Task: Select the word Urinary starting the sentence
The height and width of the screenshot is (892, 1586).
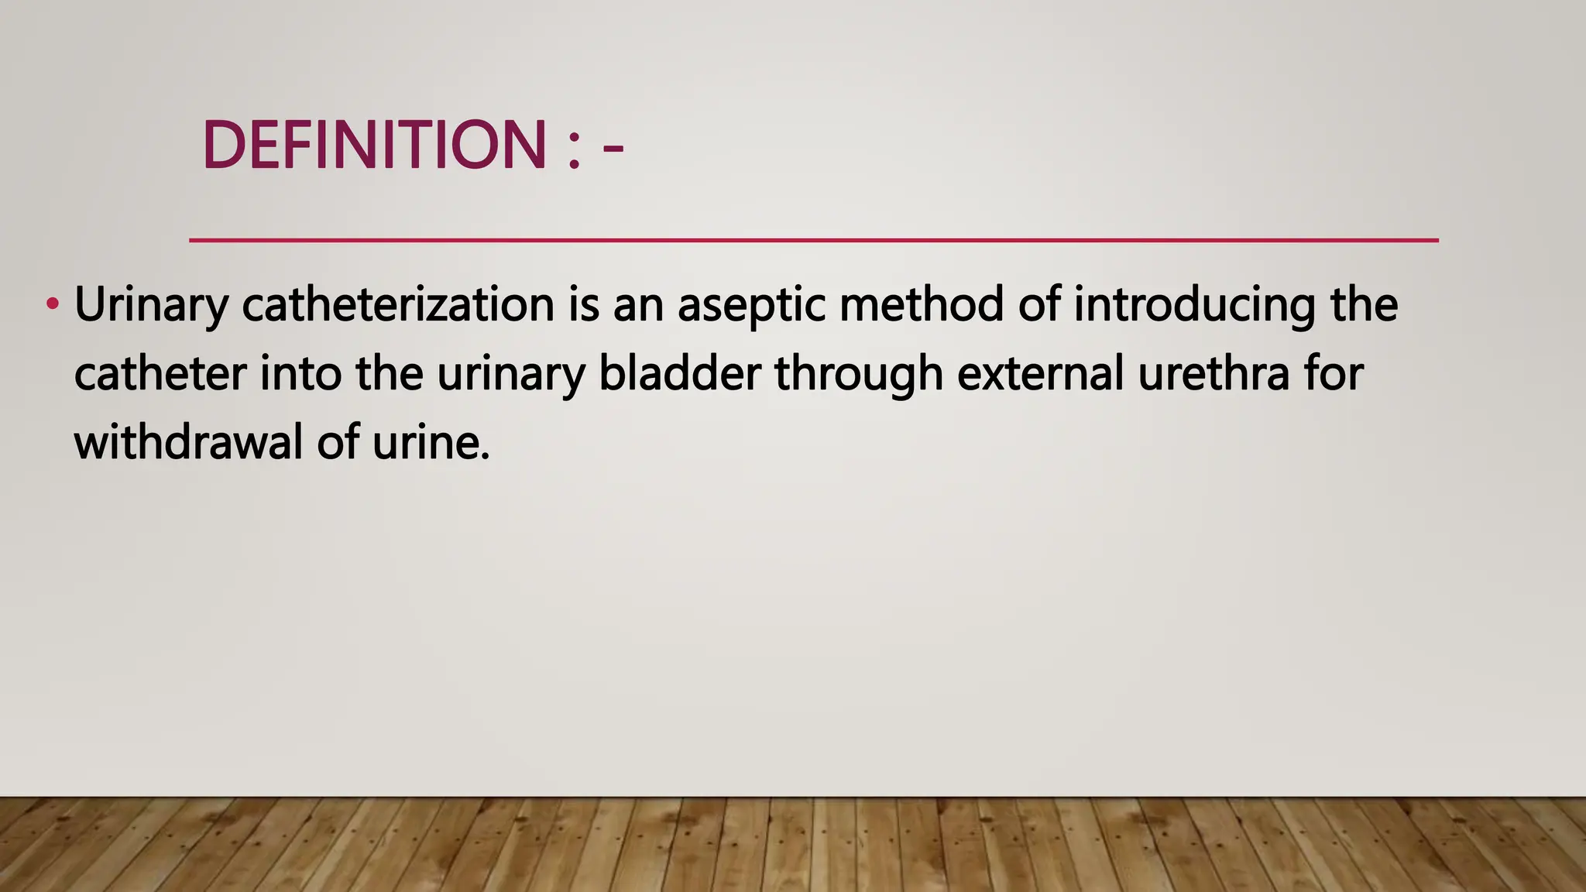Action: click(151, 305)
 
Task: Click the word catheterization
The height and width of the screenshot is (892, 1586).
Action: click(398, 304)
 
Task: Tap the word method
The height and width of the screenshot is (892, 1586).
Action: click(922, 304)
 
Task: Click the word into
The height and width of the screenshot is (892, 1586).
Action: click(300, 373)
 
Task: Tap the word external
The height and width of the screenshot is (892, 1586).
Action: click(1040, 373)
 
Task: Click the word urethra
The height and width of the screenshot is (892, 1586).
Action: click(1214, 373)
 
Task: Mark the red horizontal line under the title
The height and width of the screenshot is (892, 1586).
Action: click(813, 240)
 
